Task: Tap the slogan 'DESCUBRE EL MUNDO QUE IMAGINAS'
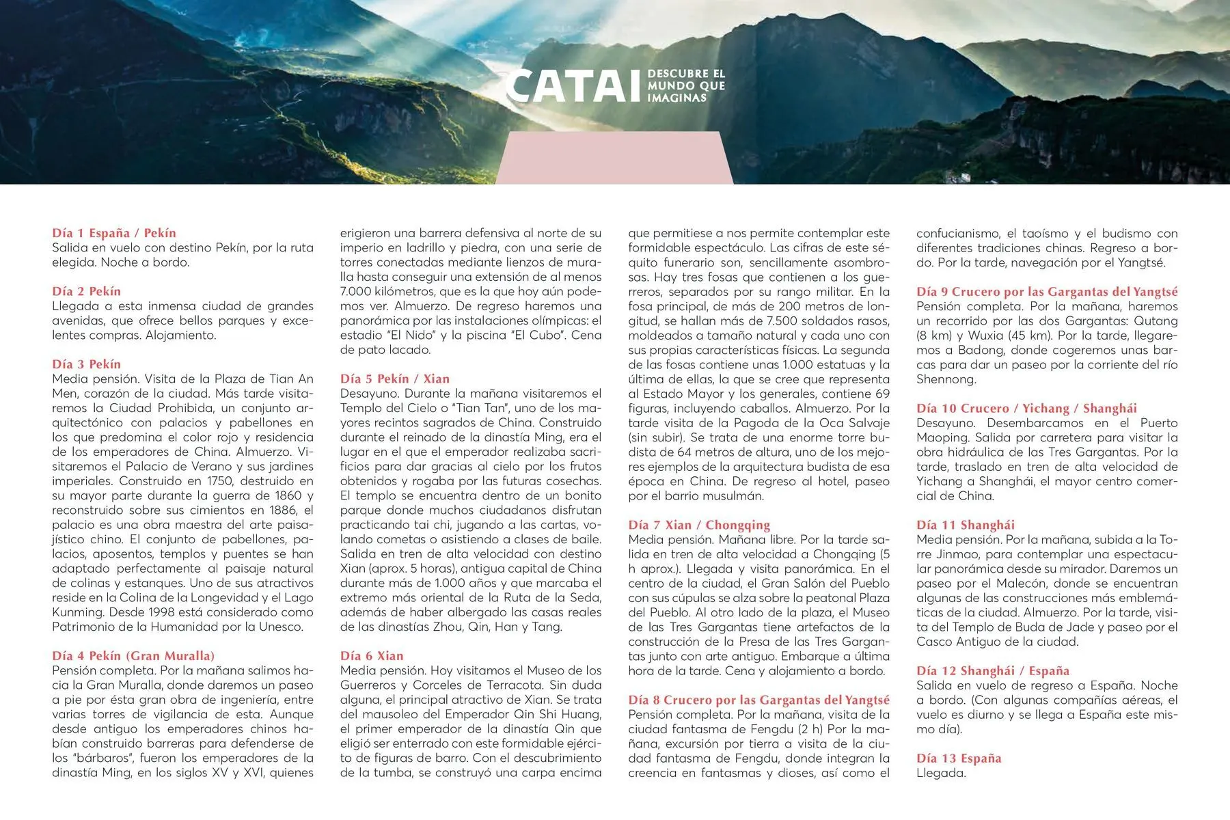(x=686, y=86)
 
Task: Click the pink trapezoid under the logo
(x=614, y=159)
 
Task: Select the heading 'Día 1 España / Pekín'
(x=114, y=233)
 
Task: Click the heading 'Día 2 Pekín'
(x=86, y=291)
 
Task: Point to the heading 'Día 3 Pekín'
(x=86, y=364)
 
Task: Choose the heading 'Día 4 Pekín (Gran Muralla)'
(x=133, y=656)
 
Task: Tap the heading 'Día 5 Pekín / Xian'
(x=395, y=379)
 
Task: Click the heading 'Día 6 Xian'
(x=372, y=656)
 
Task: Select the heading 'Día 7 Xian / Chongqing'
(x=699, y=525)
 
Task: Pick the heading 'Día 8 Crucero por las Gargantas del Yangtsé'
(x=759, y=700)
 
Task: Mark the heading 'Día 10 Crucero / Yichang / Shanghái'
(x=1026, y=409)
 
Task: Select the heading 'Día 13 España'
(x=958, y=758)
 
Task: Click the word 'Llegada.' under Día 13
(x=941, y=773)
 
